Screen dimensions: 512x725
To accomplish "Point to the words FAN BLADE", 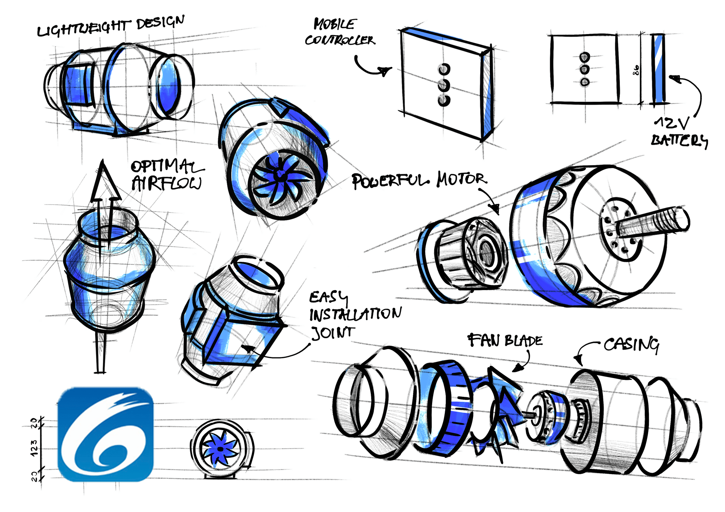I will point(505,340).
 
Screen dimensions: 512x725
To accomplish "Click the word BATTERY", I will point(679,140).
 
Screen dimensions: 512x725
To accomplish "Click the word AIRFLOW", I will point(166,183).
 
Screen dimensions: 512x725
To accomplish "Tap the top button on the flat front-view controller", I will point(584,57).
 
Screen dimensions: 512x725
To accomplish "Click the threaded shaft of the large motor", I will point(652,222).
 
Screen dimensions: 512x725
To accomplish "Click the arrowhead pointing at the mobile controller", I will point(385,71).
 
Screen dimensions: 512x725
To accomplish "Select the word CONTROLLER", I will point(340,40).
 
